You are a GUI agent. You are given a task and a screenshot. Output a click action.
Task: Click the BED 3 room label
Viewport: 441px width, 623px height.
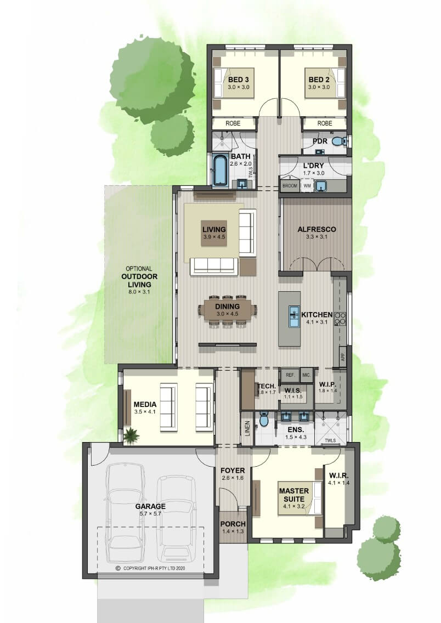pos(239,80)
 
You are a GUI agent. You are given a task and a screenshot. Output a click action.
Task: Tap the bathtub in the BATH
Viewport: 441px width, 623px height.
pos(219,171)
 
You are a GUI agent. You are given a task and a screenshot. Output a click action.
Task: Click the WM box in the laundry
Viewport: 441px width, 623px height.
pos(307,185)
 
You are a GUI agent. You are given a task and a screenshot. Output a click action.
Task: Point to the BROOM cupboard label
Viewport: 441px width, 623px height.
pos(290,185)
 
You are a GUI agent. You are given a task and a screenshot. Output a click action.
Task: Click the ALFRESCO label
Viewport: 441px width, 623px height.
pos(316,229)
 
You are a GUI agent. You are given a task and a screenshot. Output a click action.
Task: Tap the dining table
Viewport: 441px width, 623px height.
pos(228,310)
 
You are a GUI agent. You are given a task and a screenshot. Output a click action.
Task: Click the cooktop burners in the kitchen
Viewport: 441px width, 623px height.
pos(341,319)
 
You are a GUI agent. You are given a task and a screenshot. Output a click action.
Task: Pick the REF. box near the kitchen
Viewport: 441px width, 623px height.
pos(290,375)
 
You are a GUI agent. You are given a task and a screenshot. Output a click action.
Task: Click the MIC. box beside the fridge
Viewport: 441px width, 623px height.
pos(306,375)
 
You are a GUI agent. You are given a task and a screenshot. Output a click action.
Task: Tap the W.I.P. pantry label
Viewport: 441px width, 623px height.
pos(328,384)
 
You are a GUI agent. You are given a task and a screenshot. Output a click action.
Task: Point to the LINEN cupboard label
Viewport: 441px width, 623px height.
pos(247,429)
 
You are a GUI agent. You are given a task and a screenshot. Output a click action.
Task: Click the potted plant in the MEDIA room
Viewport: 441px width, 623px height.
pos(131,435)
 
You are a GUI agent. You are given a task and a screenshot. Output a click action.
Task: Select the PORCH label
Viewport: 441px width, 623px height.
pos(233,524)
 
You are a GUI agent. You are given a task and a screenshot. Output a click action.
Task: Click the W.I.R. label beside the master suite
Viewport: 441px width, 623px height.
pos(338,475)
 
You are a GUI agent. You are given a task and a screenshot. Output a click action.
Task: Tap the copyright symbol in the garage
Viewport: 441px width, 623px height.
pos(118,568)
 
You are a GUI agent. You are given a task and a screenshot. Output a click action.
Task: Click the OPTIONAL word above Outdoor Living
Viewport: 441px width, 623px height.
pos(139,269)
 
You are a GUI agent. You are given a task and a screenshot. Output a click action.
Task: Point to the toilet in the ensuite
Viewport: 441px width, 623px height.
pos(264,420)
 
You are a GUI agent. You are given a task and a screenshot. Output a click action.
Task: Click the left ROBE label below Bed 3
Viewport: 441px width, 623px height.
pos(233,123)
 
